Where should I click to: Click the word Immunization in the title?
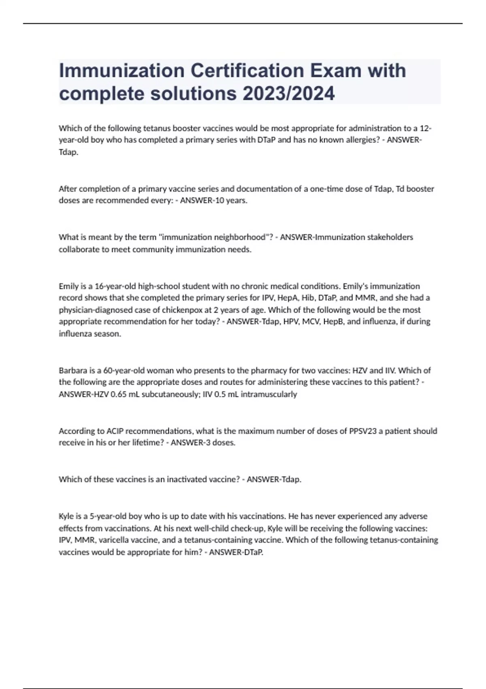point(121,71)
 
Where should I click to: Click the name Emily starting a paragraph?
point(69,286)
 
